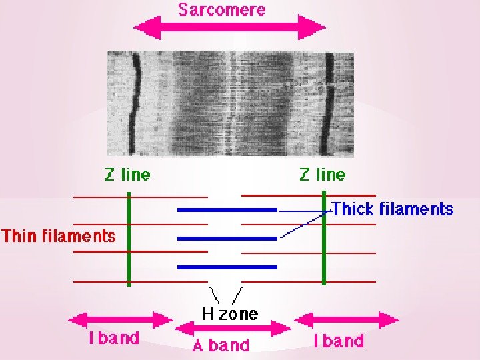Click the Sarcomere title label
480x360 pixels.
point(221,10)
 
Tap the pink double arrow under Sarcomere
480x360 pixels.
point(229,28)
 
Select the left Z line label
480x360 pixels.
point(127,175)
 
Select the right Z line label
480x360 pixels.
point(323,175)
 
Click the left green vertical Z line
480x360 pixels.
point(129,237)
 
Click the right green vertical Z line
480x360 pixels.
point(324,237)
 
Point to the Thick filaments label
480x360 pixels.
point(392,209)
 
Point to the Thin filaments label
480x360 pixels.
point(59,236)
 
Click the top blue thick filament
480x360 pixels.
point(227,210)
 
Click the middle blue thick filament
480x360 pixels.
point(227,238)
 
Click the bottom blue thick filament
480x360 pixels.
point(227,267)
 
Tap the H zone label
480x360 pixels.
point(229,313)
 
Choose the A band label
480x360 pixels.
point(221,345)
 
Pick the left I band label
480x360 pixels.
point(115,338)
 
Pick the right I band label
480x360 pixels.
point(339,341)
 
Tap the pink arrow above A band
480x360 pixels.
point(233,328)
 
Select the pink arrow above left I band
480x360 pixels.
point(121,320)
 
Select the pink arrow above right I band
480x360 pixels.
point(347,321)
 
